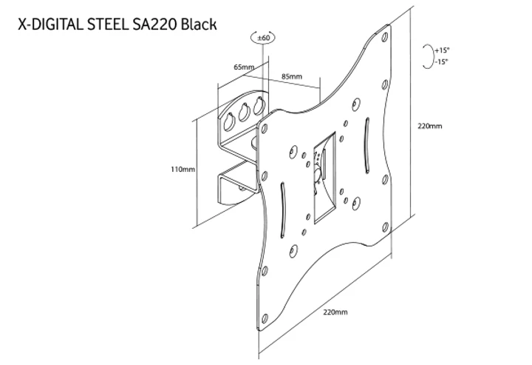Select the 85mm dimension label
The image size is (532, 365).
[291, 76]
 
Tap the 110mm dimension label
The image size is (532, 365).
[183, 169]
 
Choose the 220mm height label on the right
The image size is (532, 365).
[429, 126]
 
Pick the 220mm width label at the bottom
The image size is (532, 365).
[335, 312]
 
